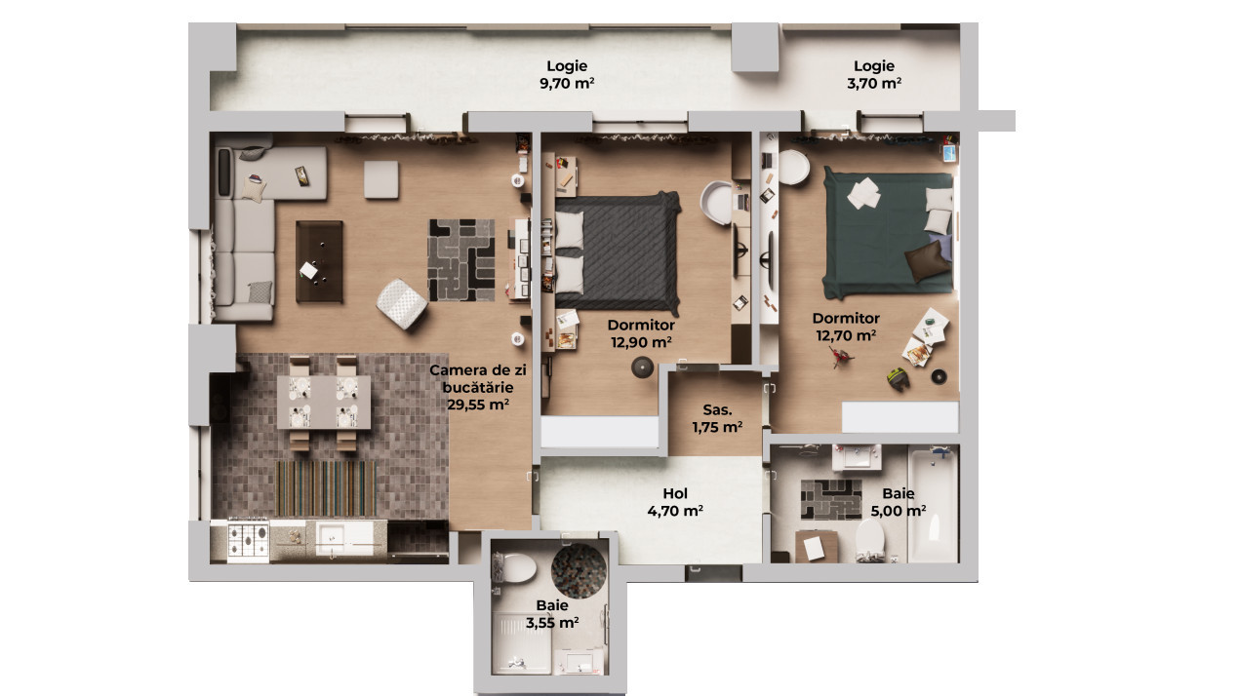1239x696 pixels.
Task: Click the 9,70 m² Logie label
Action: tap(567, 75)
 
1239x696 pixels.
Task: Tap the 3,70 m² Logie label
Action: tap(874, 75)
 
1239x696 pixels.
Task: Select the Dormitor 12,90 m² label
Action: tap(641, 333)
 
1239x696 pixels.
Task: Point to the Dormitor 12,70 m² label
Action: tap(846, 327)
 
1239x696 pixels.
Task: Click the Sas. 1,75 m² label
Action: tap(717, 418)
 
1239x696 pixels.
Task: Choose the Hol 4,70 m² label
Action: tap(675, 501)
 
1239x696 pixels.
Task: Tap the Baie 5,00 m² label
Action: tap(898, 501)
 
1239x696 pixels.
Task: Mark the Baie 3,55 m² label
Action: tap(552, 613)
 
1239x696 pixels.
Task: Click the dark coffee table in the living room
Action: tap(319, 260)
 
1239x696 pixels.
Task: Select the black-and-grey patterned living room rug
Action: tap(460, 259)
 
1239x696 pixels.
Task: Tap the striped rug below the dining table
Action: tap(327, 487)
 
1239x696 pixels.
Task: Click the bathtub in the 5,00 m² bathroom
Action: tap(933, 504)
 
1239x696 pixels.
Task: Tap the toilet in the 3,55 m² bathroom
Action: tap(516, 565)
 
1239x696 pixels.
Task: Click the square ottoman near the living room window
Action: tap(381, 179)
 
